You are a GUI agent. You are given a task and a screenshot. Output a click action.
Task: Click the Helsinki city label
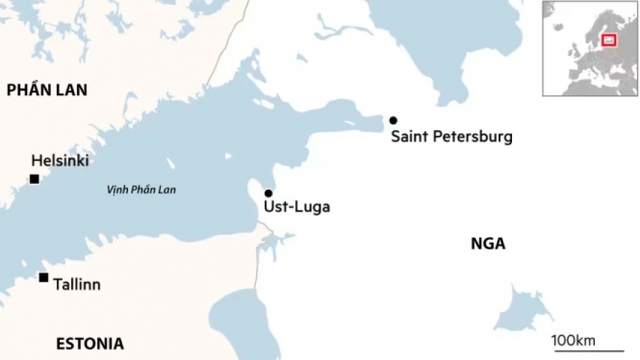click(61, 160)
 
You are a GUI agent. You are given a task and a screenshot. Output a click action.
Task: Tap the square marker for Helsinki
click(34, 179)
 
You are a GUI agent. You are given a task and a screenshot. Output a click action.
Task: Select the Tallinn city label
click(77, 285)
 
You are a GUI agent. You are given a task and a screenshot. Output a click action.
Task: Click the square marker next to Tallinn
click(43, 277)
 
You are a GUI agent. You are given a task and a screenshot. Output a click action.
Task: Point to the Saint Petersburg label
click(451, 136)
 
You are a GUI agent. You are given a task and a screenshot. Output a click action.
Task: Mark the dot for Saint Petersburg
click(393, 119)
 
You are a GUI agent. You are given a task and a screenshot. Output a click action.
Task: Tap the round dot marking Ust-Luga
click(268, 193)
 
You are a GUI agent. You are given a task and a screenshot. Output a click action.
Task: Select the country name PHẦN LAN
click(47, 90)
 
